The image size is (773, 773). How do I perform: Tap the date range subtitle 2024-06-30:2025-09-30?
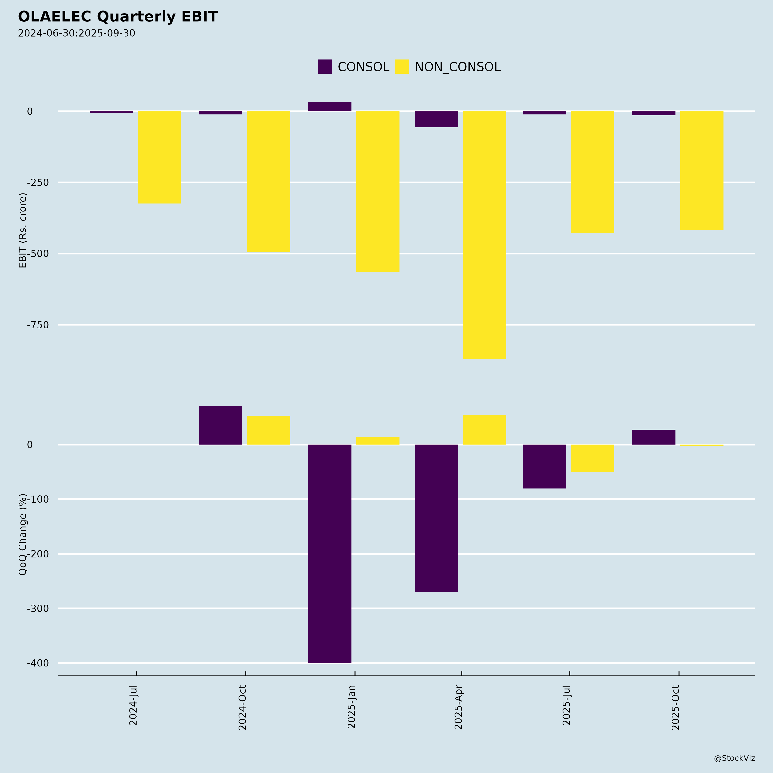(x=76, y=33)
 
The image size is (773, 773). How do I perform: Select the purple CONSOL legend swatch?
(x=325, y=67)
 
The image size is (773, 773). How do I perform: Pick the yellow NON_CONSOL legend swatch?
(x=402, y=67)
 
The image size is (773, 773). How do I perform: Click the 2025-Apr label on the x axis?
(x=458, y=707)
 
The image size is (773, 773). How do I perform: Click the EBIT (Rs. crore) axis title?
(x=23, y=230)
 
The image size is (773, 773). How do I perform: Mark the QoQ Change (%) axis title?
(x=23, y=534)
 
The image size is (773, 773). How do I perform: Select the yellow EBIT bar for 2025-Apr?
(x=485, y=235)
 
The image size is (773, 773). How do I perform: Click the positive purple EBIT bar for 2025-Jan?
(x=330, y=107)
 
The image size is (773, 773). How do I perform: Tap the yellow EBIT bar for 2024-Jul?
(x=159, y=157)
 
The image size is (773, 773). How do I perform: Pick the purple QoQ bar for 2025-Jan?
(x=330, y=554)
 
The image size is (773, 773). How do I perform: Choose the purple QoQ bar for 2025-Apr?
(x=437, y=518)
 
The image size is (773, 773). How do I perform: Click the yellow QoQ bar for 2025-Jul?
(x=593, y=458)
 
